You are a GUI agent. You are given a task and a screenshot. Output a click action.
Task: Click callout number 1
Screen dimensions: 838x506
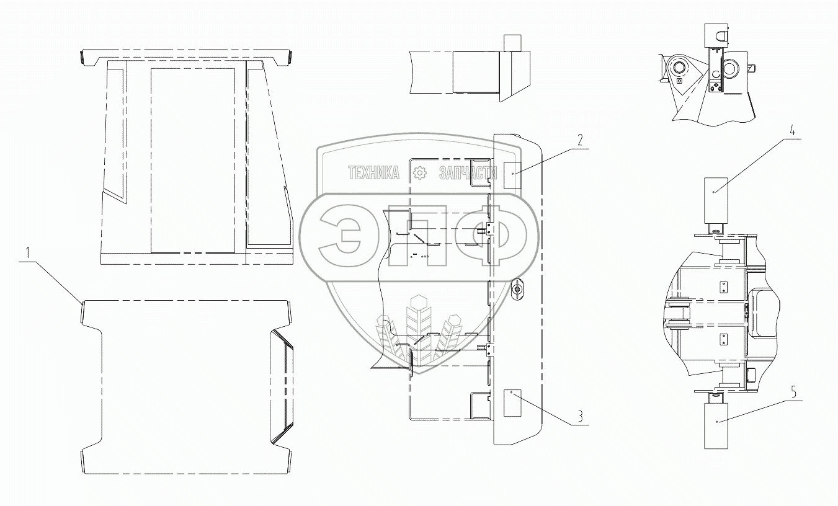pyautogui.click(x=27, y=253)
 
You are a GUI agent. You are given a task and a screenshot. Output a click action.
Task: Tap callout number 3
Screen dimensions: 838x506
pyautogui.click(x=579, y=416)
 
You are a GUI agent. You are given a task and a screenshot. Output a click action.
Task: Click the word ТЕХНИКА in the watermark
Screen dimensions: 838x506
pyautogui.click(x=373, y=174)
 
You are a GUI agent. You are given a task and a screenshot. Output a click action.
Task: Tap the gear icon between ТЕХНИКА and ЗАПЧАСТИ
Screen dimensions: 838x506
pyautogui.click(x=420, y=173)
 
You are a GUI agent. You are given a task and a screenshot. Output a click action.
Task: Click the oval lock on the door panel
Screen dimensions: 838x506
pyautogui.click(x=517, y=290)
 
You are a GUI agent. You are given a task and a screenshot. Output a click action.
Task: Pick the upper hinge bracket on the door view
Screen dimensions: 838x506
pyautogui.click(x=488, y=230)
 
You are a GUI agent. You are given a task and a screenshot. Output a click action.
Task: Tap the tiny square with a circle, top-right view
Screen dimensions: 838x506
pyautogui.click(x=680, y=80)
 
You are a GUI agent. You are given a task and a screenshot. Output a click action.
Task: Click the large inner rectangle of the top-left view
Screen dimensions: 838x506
pyautogui.click(x=193, y=160)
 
